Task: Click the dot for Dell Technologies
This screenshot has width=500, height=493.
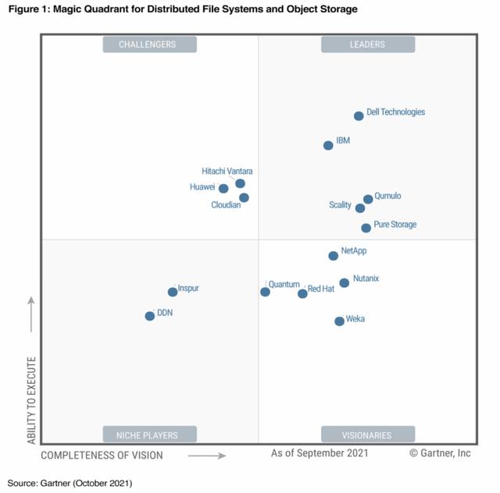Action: (x=359, y=115)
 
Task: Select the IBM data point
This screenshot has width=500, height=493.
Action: (x=328, y=145)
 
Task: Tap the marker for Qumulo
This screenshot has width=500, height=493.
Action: (x=368, y=200)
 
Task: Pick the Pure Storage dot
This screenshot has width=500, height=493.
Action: (x=366, y=228)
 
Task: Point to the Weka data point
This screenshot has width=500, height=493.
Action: (x=339, y=321)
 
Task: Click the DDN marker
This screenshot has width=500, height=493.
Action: (x=149, y=316)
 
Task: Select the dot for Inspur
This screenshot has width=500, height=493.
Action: (x=172, y=292)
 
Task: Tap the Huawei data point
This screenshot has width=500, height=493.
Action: (x=223, y=188)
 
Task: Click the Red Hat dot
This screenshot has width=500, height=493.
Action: (x=302, y=293)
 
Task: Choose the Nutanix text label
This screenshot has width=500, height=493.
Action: (x=366, y=278)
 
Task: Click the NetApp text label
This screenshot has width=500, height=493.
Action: (x=354, y=250)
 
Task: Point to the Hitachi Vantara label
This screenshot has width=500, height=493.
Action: (x=227, y=171)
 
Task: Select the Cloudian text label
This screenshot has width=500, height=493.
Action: (x=226, y=205)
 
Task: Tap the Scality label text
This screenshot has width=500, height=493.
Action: (x=340, y=205)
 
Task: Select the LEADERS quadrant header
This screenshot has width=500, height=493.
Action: (x=367, y=44)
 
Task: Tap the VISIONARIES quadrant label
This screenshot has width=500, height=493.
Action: (x=367, y=434)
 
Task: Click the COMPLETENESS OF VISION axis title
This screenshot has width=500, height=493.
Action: (x=102, y=456)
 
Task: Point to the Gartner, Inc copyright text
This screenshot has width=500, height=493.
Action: (x=439, y=452)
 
